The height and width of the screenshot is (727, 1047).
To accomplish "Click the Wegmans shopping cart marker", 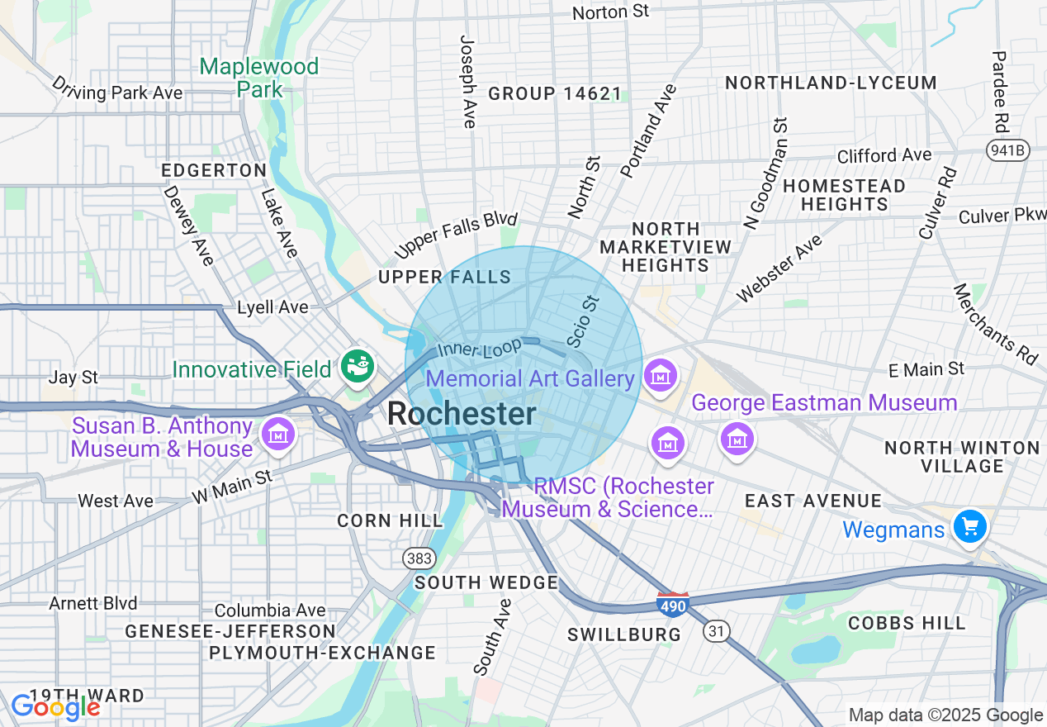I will click(969, 525).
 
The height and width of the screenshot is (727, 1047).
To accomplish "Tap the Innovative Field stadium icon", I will click(358, 366).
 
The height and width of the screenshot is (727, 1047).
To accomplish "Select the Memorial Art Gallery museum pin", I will click(661, 376).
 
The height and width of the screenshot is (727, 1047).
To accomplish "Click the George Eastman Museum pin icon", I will click(737, 436).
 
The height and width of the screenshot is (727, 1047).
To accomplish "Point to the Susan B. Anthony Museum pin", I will click(277, 433).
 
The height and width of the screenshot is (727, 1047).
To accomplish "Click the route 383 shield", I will click(419, 558).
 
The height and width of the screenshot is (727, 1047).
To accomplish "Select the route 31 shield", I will click(717, 631).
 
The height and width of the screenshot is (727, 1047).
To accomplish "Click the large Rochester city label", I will click(462, 414).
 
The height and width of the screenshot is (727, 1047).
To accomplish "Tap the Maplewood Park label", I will click(259, 78).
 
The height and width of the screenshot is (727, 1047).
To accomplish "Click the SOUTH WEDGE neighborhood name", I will click(486, 582).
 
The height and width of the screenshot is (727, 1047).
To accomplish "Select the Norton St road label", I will click(610, 12).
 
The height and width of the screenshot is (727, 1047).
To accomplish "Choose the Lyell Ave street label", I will click(272, 307).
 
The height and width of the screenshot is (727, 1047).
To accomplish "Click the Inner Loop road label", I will click(479, 347).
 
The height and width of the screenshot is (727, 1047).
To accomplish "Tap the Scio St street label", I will click(581, 323).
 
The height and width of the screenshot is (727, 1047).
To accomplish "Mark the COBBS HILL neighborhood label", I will click(906, 623).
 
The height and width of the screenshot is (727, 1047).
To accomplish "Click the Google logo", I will click(54, 706).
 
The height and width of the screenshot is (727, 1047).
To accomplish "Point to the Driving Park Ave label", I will click(116, 89).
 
